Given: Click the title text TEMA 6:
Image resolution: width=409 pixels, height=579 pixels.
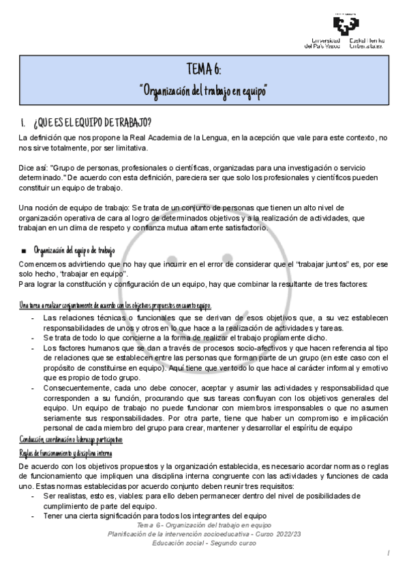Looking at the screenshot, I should pos(202,70).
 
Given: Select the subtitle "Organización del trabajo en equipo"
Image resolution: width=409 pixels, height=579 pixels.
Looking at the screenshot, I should pos(202,91).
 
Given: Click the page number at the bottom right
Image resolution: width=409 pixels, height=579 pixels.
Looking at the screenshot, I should pos(387,553).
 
